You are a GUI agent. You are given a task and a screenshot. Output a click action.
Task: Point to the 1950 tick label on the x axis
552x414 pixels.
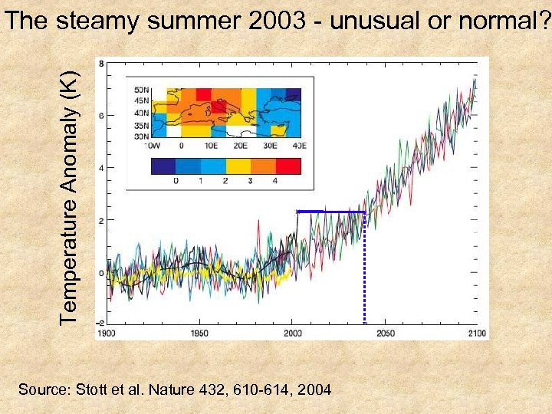[199, 333]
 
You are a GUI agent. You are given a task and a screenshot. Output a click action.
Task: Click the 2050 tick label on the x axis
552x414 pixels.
[385, 333]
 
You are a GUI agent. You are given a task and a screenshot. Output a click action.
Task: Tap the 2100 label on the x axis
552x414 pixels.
[476, 333]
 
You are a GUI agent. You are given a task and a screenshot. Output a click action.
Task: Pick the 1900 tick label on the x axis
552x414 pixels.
[107, 333]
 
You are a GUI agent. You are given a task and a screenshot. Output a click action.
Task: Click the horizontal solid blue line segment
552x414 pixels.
[330, 212]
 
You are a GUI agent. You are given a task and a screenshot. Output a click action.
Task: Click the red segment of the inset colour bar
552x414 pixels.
[287, 166]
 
